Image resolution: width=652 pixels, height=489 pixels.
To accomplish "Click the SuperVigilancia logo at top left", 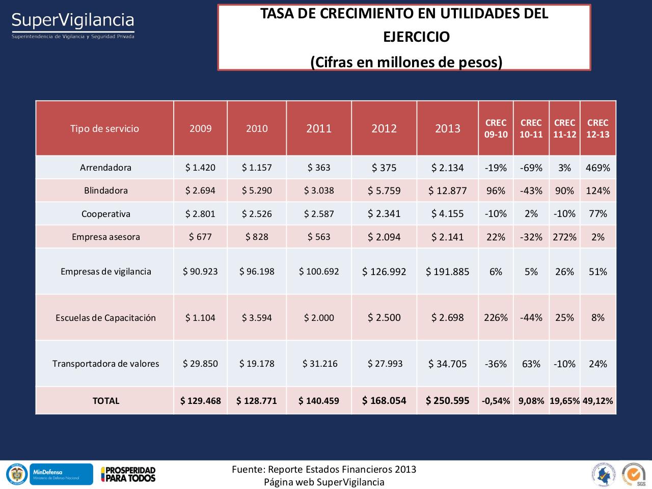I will [x=73, y=24].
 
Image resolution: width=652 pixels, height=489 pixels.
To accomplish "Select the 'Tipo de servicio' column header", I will [x=104, y=128].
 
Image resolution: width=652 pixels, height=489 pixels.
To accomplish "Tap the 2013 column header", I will [x=447, y=128].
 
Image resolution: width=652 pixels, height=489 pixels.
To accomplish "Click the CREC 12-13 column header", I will [x=597, y=128].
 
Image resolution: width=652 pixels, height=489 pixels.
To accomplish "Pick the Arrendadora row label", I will [x=105, y=168].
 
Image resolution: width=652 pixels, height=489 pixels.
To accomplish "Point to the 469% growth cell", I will [x=597, y=168].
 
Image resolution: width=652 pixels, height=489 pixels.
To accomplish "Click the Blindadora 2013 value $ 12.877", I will [x=447, y=191].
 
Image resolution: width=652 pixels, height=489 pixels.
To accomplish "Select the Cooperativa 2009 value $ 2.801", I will [x=200, y=214].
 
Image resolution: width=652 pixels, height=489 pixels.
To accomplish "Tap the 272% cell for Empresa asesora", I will [x=564, y=237].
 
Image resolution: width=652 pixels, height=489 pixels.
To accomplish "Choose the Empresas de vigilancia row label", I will [x=105, y=271].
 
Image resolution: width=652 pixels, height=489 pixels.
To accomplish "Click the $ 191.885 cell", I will [x=447, y=271].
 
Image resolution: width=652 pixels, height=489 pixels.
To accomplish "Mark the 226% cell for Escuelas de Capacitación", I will [x=496, y=318].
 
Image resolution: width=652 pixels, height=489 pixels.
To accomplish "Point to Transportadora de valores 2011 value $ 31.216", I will [x=319, y=364].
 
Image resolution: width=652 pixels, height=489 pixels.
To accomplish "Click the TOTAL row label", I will [x=105, y=401].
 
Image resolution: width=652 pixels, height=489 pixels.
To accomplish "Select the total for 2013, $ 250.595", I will [x=447, y=401].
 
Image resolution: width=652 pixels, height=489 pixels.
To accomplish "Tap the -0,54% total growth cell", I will [x=496, y=401].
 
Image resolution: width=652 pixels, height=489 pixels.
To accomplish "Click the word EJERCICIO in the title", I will [x=416, y=37].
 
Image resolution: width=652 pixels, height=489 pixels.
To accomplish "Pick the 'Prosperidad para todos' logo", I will [x=128, y=474].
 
